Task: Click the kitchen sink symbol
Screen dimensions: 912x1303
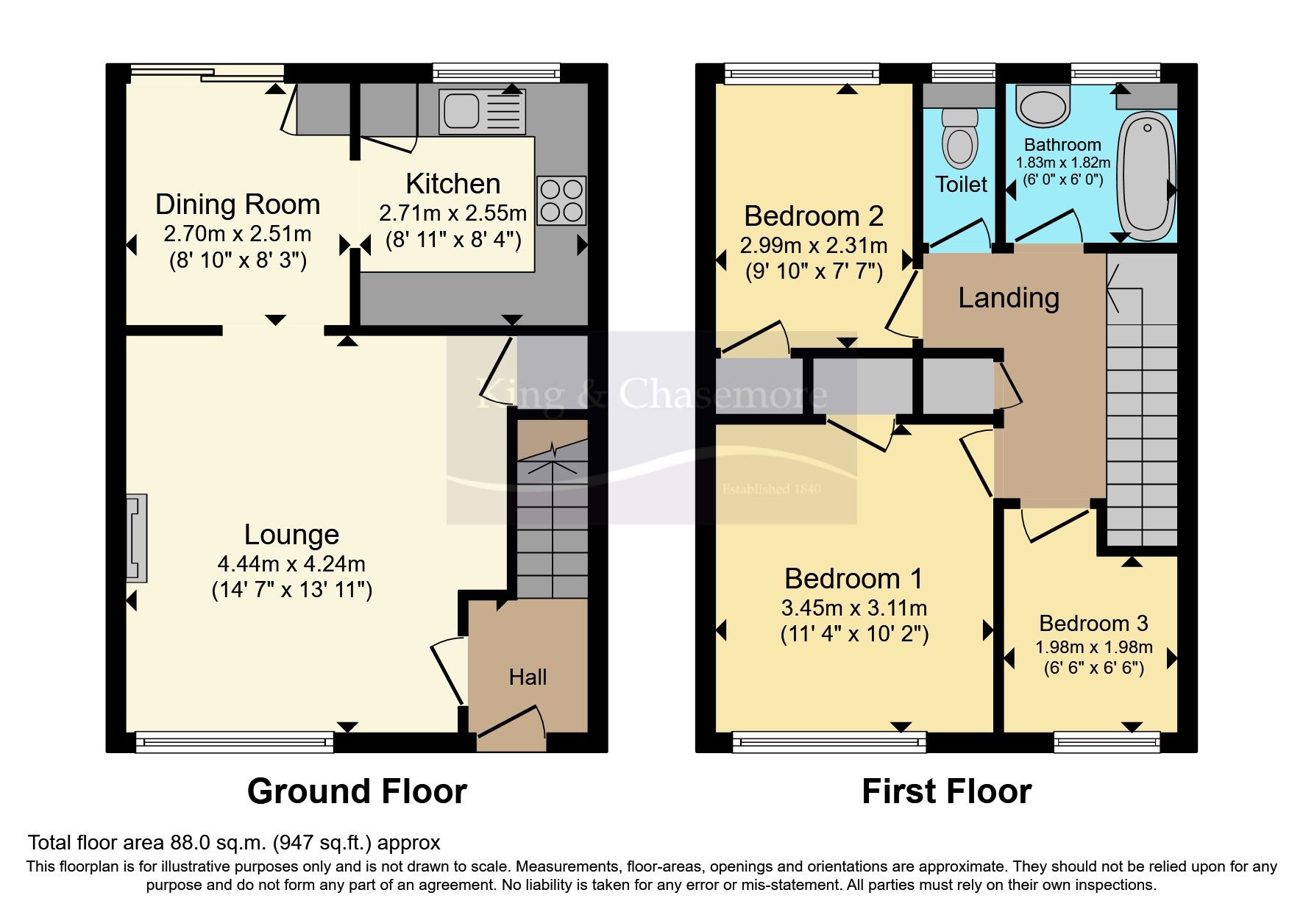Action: point(482,111)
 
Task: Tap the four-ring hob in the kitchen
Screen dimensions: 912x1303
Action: point(561,200)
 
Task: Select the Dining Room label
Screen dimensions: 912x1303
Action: point(238,204)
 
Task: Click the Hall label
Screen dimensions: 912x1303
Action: point(528,677)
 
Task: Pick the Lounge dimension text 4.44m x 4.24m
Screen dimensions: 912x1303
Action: point(291,564)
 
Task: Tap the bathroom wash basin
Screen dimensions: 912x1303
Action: point(1041,105)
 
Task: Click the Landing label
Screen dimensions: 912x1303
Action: point(1009,298)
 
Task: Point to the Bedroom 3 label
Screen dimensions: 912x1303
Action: point(1093,623)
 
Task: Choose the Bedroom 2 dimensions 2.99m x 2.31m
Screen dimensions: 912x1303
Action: point(813,245)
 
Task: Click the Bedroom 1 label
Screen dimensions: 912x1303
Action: point(853,579)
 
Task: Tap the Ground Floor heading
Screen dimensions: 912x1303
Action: point(357,791)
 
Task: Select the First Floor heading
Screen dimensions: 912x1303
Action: point(946,791)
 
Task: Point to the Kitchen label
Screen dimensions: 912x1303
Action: point(452,184)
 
